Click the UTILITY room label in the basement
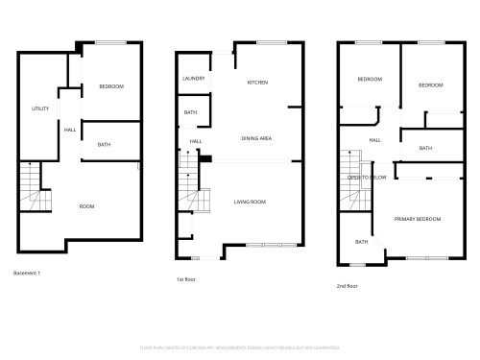[x=40, y=108]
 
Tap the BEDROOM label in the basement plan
[x=111, y=87]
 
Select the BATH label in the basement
[x=104, y=144]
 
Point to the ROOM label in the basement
[x=86, y=206]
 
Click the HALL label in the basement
[x=69, y=130]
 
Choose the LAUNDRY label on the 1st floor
[x=193, y=78]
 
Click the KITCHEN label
[x=257, y=83]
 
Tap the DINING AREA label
[x=256, y=139]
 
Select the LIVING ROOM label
[x=250, y=202]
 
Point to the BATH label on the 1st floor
[x=191, y=112]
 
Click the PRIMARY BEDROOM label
[x=419, y=219]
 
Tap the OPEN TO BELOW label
[x=367, y=178]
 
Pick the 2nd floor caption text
[x=347, y=286]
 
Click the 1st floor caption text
[x=186, y=279]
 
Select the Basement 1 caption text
[x=28, y=274]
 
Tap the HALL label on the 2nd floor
[x=374, y=140]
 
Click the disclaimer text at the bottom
[x=239, y=347]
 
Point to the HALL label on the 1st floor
[x=196, y=141]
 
